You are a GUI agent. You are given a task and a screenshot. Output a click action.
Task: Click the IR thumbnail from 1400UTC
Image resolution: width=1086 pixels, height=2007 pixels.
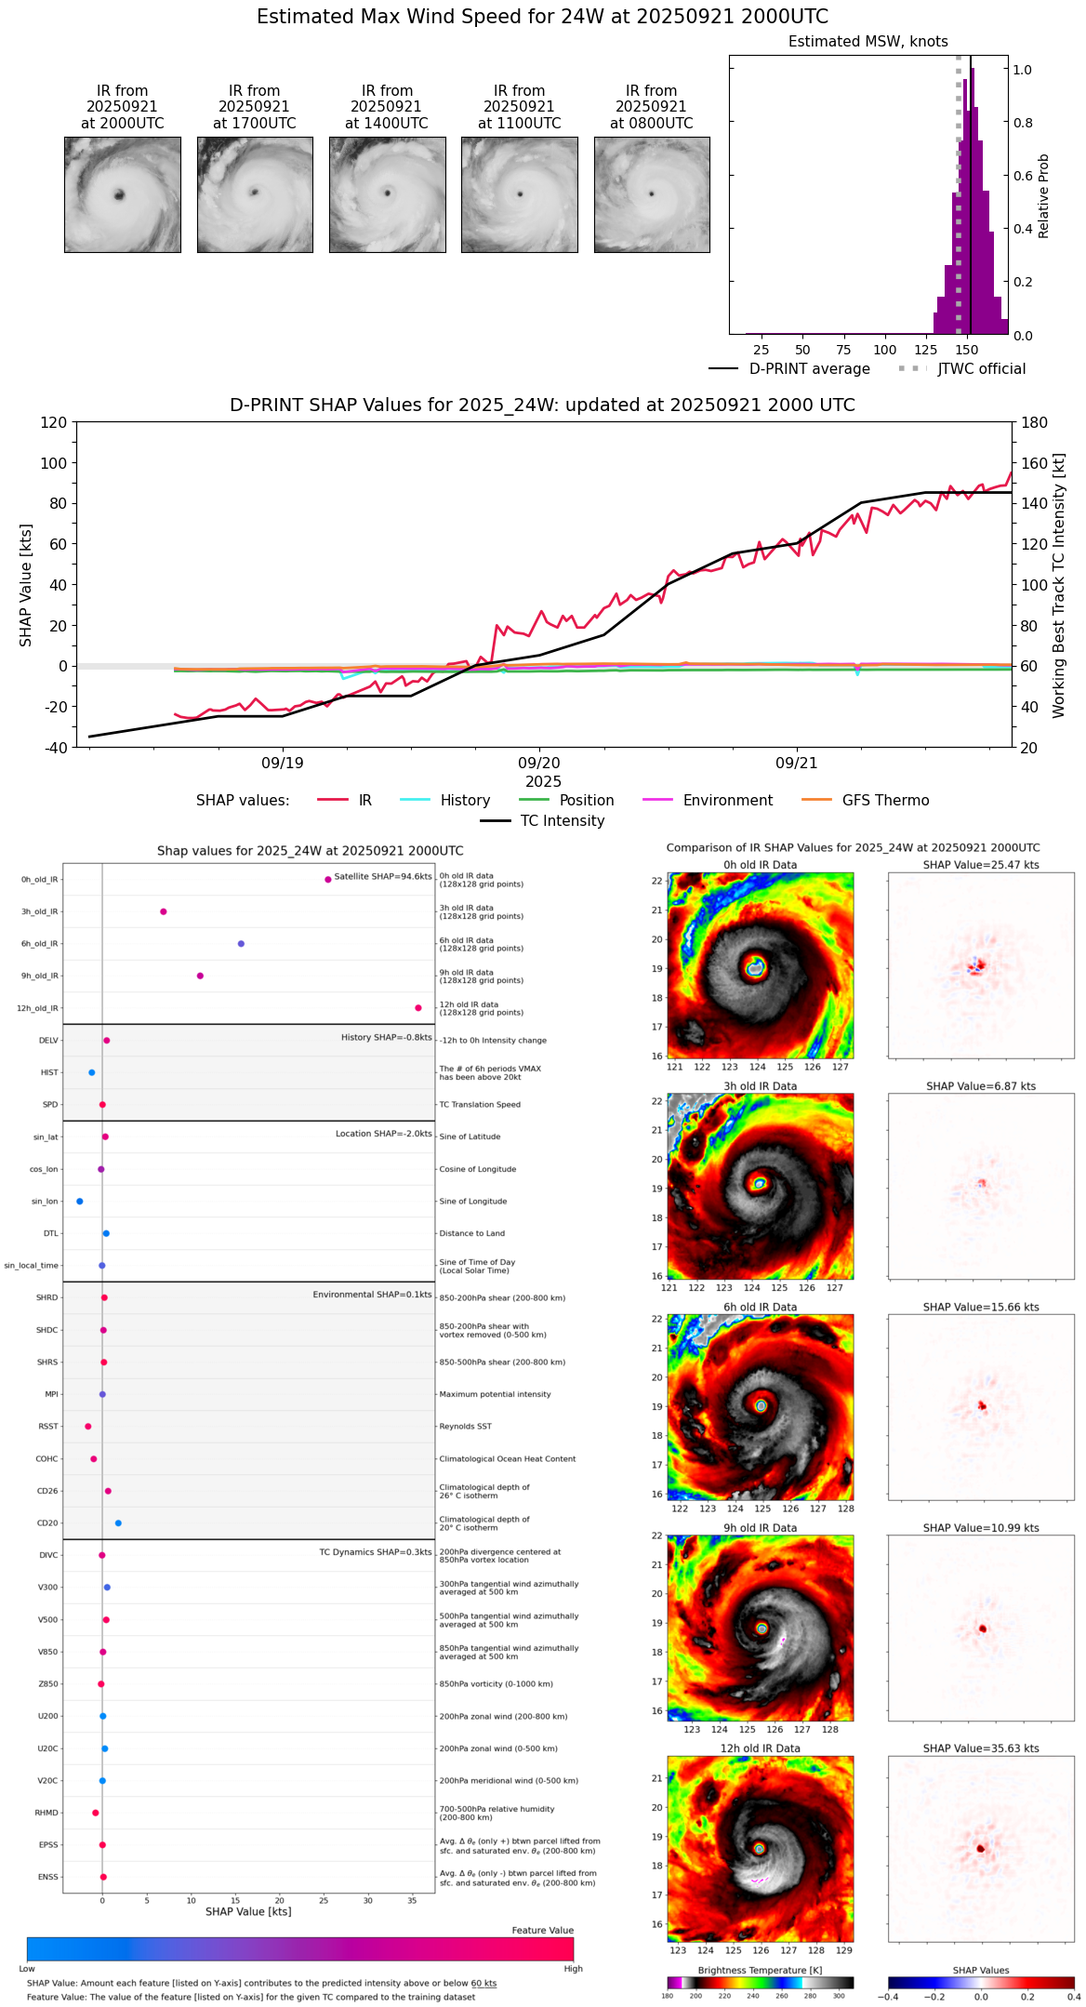tap(387, 194)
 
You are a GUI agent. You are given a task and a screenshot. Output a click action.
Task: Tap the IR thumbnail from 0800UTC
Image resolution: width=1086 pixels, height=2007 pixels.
tap(652, 194)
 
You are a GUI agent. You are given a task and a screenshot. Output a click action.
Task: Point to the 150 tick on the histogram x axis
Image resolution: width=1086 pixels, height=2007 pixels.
tap(967, 350)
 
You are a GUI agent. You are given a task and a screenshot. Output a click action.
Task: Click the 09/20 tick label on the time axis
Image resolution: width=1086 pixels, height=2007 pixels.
tap(539, 764)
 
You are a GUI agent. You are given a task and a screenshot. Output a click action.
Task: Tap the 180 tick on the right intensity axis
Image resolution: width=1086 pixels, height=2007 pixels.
tap(1035, 422)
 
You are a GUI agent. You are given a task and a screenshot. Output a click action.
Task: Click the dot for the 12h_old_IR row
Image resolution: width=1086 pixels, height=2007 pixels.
tap(418, 1008)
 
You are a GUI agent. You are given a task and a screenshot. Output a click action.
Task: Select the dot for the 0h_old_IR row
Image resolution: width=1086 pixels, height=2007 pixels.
tap(328, 879)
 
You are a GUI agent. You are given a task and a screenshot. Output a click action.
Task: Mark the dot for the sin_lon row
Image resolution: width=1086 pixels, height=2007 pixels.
tap(80, 1202)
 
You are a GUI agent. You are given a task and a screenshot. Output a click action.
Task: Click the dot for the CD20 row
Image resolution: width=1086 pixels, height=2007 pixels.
tap(118, 1523)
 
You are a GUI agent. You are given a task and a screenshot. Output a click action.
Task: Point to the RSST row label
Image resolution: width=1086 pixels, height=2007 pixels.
tap(48, 1427)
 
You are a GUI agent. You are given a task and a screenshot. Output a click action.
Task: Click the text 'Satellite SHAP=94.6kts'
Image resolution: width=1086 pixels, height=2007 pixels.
tap(383, 877)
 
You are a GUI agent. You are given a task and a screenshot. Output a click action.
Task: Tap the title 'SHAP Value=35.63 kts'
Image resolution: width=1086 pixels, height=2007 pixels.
tap(981, 1748)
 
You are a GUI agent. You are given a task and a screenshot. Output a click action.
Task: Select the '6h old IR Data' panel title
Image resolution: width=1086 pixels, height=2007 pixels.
tap(760, 1307)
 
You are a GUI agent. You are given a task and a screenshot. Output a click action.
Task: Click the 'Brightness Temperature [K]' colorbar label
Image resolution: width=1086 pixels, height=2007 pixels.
tap(760, 1970)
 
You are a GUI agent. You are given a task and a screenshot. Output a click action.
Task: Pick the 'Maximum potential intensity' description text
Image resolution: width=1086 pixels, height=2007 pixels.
tap(495, 1394)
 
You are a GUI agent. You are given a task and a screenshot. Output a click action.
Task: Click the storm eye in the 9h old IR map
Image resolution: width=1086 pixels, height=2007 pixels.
tap(762, 1628)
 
